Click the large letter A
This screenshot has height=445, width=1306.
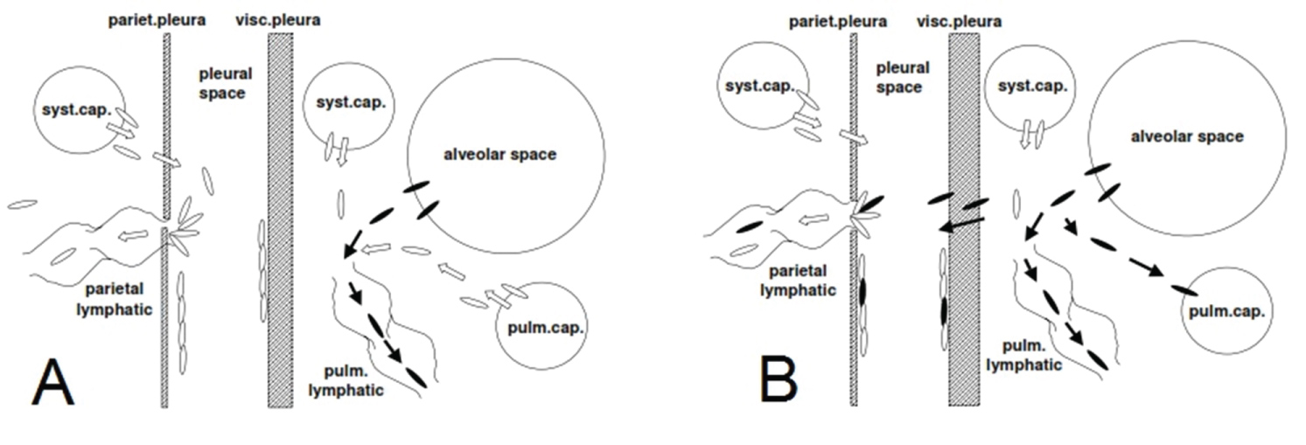(53, 382)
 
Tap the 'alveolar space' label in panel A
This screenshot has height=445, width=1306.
(499, 155)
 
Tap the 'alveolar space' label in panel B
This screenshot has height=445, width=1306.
(1187, 137)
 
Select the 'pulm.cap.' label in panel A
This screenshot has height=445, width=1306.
(545, 328)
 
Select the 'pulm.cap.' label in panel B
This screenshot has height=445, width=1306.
(1226, 311)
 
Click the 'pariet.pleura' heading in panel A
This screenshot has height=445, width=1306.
(157, 20)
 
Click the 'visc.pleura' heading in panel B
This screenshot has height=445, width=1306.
(959, 22)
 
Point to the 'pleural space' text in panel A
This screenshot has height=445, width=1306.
(225, 83)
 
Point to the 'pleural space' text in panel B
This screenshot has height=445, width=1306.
(902, 78)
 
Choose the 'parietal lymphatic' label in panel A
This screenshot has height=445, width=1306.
(115, 299)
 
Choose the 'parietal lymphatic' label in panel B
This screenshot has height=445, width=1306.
(798, 281)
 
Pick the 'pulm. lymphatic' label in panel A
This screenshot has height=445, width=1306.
(346, 381)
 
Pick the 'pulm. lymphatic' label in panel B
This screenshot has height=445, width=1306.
(1023, 355)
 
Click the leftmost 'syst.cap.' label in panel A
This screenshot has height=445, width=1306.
(76, 110)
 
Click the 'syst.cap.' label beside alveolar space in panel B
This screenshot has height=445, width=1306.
(1032, 87)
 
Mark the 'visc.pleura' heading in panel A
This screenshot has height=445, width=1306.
(278, 20)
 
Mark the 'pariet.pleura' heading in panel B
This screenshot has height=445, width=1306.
(838, 22)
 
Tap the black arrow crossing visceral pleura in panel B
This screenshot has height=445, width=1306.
(961, 225)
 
